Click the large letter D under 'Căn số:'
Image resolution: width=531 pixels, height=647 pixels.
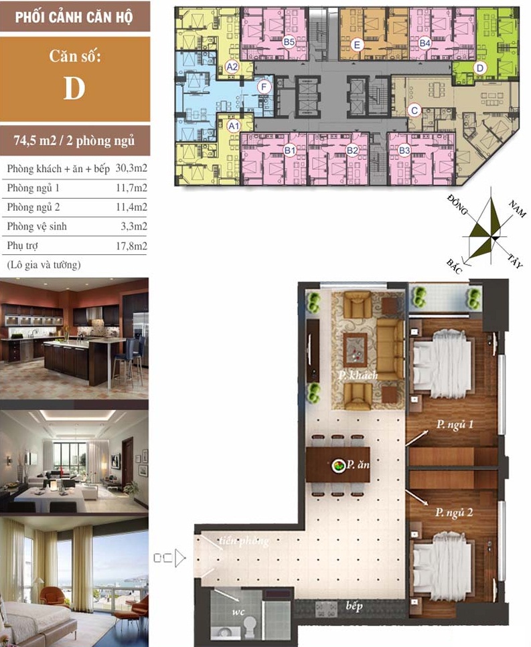click(x=74, y=88)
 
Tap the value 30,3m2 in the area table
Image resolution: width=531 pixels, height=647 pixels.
click(x=131, y=169)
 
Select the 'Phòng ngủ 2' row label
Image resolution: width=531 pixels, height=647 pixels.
click(x=33, y=207)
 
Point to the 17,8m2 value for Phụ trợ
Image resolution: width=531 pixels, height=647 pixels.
click(x=131, y=246)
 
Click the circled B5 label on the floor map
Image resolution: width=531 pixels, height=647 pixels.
click(x=289, y=42)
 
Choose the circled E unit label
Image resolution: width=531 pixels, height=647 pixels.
click(x=357, y=45)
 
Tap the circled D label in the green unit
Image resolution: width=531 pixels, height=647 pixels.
click(x=480, y=68)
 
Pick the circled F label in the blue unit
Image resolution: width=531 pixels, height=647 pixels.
click(x=264, y=87)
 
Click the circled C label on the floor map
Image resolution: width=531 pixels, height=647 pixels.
click(x=414, y=110)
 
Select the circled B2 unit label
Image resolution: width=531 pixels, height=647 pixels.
click(x=352, y=150)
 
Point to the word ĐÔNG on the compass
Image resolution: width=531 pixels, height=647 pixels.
click(x=457, y=205)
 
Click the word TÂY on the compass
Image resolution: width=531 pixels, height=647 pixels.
click(x=514, y=260)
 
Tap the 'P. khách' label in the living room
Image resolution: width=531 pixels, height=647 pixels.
click(x=358, y=375)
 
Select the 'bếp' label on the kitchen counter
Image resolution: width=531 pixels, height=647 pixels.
click(x=354, y=606)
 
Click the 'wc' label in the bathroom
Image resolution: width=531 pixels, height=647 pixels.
click(x=238, y=612)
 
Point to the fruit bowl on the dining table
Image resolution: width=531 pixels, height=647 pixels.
click(x=338, y=466)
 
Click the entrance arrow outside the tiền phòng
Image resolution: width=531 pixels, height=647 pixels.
click(x=180, y=558)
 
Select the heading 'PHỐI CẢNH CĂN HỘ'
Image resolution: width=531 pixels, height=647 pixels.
click(x=74, y=17)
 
